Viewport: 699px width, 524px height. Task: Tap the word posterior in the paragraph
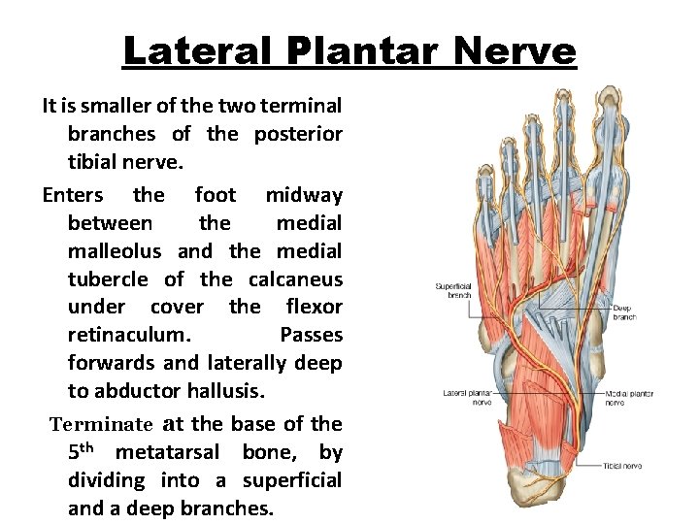coord(298,134)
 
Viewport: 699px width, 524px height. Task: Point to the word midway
coord(304,195)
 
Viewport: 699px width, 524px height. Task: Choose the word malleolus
coord(116,251)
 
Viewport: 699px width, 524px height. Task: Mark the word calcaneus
coord(295,279)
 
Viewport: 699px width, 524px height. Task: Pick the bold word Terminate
coord(102,424)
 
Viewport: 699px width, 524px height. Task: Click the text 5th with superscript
coord(85,451)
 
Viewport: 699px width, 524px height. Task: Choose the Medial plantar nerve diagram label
coord(629,398)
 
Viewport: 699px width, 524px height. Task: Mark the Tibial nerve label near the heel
coord(621,466)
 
